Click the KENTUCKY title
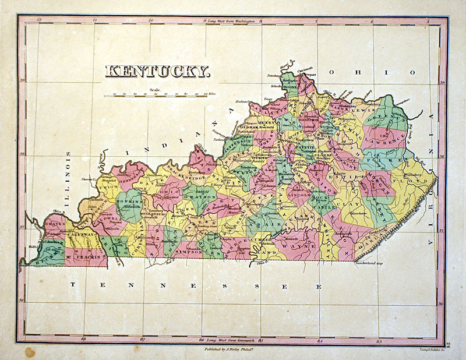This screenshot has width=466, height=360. pyautogui.click(x=157, y=72)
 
